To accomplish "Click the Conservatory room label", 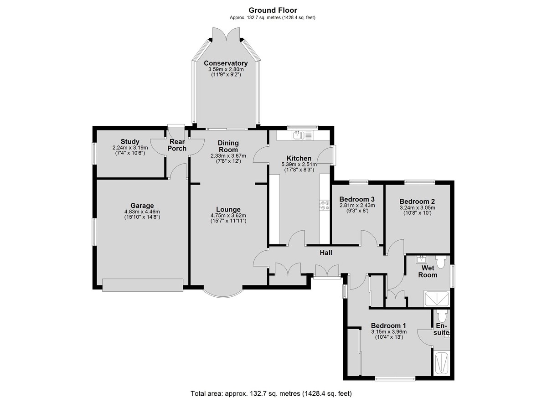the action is (x=226, y=63).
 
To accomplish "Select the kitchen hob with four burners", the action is (x=324, y=205).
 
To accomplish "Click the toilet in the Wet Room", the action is (x=440, y=262).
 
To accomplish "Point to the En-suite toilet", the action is (x=442, y=316).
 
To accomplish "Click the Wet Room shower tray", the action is (x=437, y=299).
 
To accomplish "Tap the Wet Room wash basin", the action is (x=422, y=259).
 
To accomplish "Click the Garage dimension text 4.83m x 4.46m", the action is (x=142, y=212).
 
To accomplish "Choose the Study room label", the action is (x=130, y=142).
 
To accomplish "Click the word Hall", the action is (x=326, y=253).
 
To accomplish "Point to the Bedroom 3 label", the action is (x=357, y=199).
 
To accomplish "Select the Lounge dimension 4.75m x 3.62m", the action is (x=228, y=216).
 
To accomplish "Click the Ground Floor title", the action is (x=273, y=10).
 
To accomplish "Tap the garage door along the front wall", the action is (x=143, y=285).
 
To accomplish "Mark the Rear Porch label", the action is (x=177, y=145).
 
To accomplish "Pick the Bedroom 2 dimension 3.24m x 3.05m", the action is (x=417, y=208).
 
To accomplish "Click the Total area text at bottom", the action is (x=271, y=387).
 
